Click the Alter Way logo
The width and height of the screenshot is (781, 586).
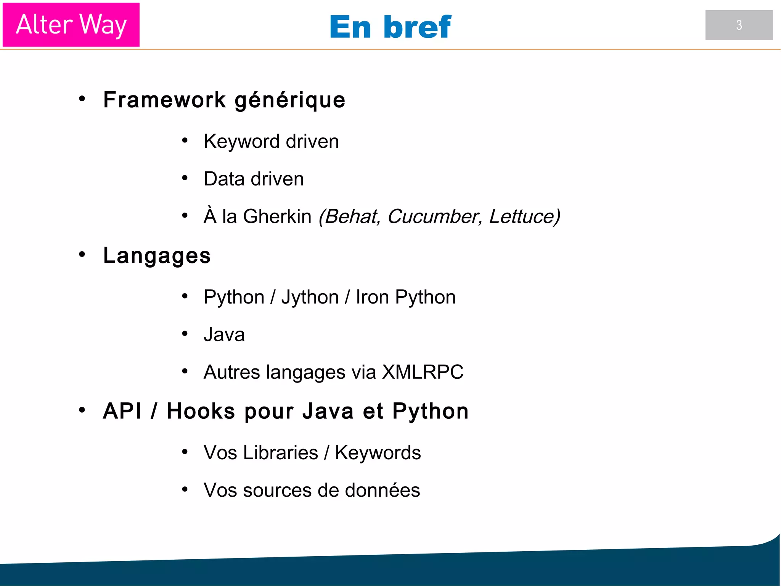coord(71,25)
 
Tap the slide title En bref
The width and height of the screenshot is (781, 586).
coord(390,27)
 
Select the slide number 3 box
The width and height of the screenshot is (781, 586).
coord(739,25)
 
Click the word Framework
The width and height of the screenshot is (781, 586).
coord(165,100)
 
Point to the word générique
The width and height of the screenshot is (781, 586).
coord(290,100)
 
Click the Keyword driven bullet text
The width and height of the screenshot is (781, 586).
coord(271,142)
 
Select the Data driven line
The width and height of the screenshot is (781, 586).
coord(254,179)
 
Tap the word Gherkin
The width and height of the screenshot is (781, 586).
coord(277,216)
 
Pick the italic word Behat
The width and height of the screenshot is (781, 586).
coord(350,216)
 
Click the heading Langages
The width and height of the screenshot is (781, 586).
coord(157,256)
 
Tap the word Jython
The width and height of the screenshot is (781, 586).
coord(310,297)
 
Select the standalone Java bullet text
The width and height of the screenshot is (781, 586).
coord(224,335)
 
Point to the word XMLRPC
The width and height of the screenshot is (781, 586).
coord(423,372)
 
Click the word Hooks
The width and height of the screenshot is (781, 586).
coord(201,411)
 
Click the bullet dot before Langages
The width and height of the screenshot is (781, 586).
coord(82,255)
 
